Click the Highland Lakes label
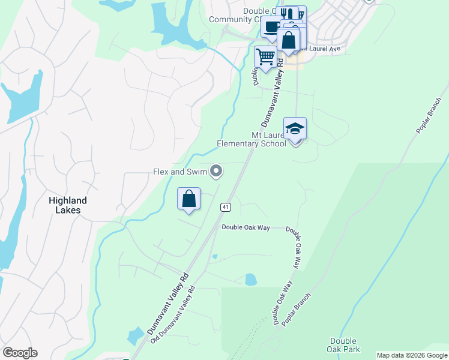(68, 205)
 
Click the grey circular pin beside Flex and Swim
(217, 172)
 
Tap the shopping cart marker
(265, 58)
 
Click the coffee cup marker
(271, 27)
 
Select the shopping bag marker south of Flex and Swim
(188, 199)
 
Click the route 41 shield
(225, 207)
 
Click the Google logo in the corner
(20, 352)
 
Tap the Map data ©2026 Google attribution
(412, 355)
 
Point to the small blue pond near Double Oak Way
(251, 279)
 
